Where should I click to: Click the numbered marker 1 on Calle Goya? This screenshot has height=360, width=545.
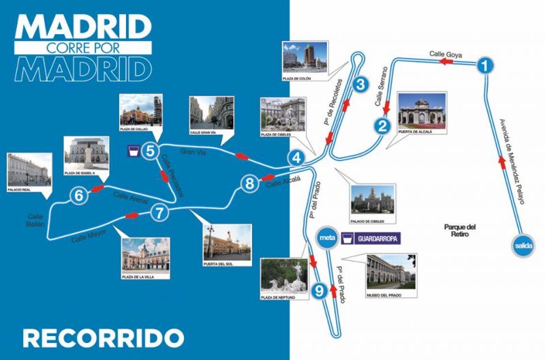point(484,66)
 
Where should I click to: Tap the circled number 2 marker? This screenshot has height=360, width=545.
point(383,125)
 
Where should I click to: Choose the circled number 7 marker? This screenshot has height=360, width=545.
point(159,213)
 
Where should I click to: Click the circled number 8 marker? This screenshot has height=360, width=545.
point(250,183)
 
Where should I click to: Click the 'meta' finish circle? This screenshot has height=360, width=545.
point(326,238)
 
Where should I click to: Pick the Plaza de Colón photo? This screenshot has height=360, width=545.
point(305,59)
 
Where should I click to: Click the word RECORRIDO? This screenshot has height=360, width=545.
point(103,337)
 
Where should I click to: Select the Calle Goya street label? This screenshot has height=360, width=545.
point(446,53)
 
